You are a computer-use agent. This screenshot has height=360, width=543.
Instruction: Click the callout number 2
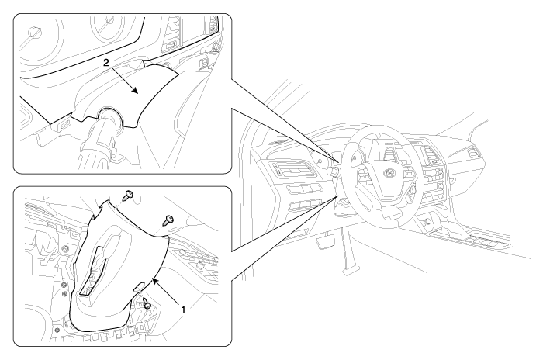click(x=106, y=62)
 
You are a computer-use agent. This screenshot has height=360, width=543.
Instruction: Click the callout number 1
click(x=184, y=309)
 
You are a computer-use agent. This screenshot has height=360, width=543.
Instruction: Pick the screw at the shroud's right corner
click(x=168, y=220)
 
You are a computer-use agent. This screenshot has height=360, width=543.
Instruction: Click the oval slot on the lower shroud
click(x=139, y=286)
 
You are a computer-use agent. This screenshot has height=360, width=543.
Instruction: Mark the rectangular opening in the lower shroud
click(x=92, y=270)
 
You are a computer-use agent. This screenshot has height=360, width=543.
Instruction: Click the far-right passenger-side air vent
click(x=472, y=151)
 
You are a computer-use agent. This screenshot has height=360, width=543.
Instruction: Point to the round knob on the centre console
click(x=427, y=221)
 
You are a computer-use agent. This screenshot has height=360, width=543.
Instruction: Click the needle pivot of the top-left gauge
click(x=33, y=32)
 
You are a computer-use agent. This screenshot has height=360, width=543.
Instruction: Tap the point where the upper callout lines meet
click(x=340, y=162)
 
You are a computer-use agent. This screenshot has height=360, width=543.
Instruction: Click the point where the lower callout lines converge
click(x=337, y=196)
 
